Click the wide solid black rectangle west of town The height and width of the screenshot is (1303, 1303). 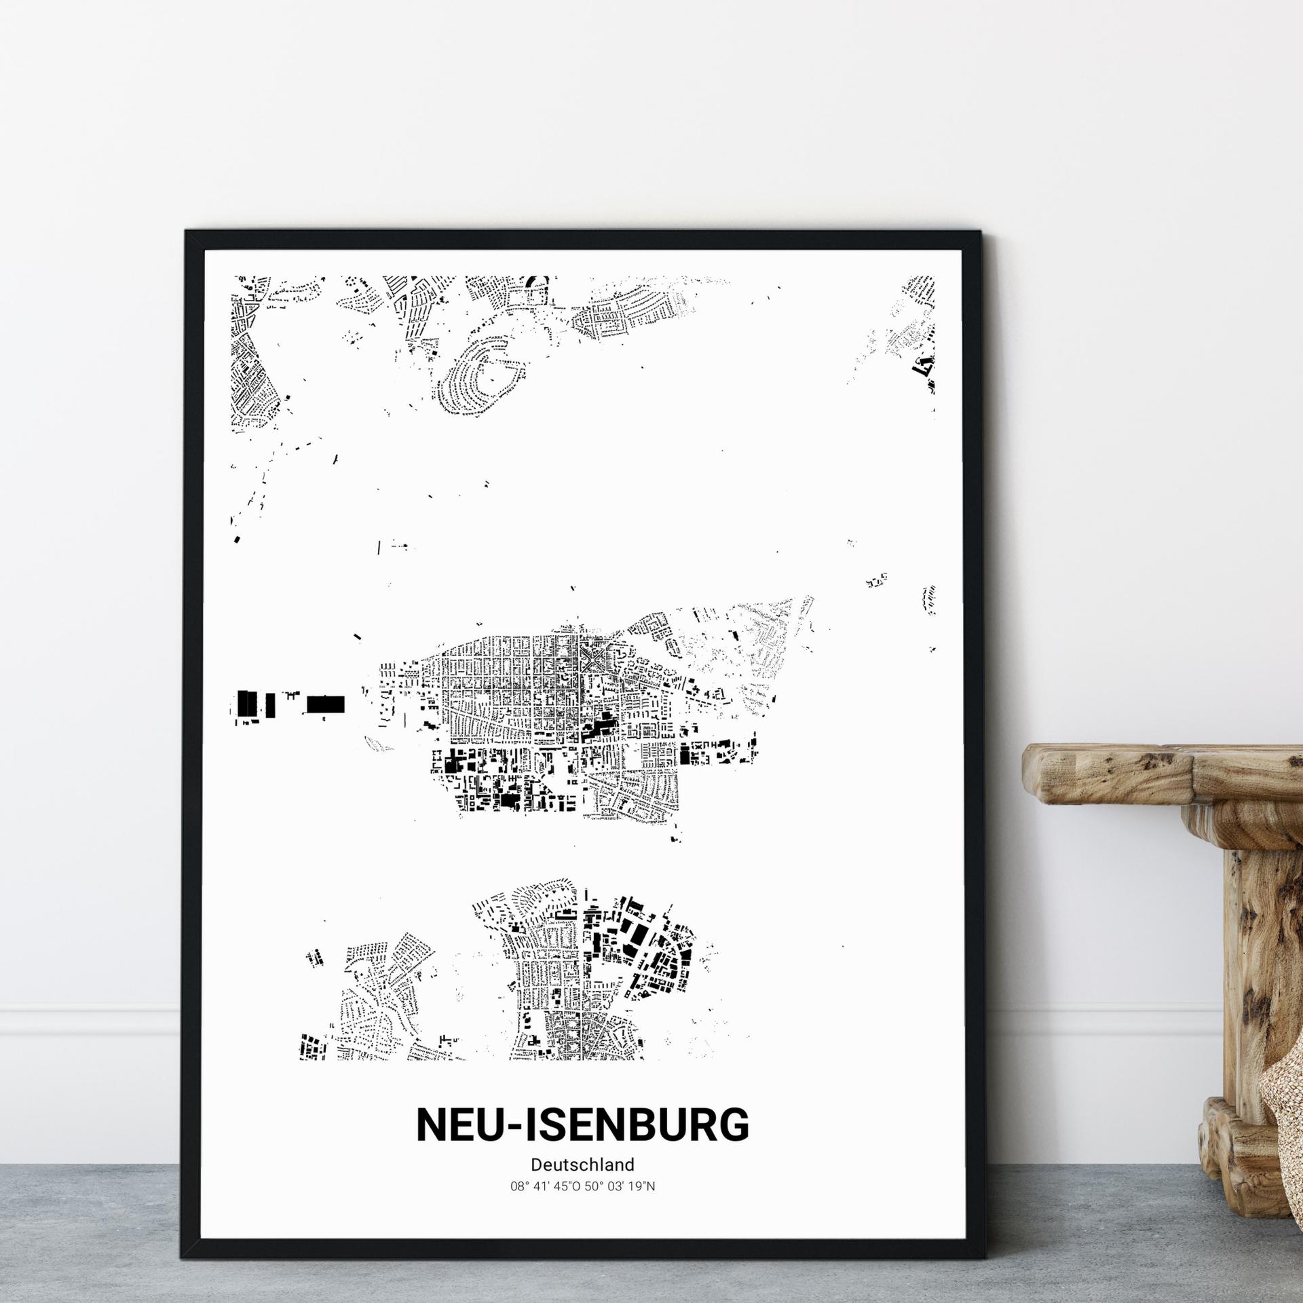click(326, 704)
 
